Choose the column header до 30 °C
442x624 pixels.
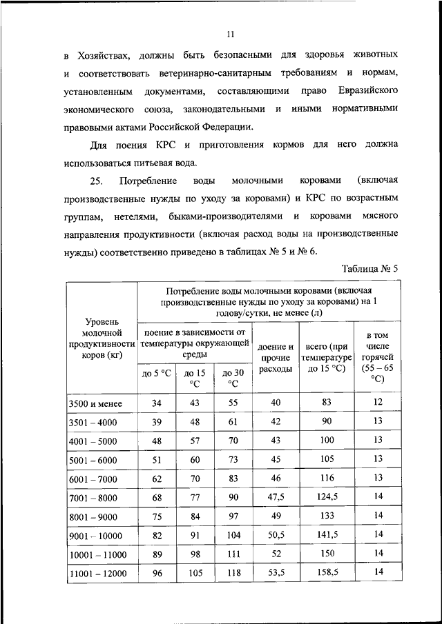tap(233, 378)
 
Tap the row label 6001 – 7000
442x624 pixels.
tap(94, 478)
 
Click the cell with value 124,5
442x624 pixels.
tap(327, 496)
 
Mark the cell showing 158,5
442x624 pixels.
tap(327, 572)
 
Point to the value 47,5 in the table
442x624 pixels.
tap(276, 496)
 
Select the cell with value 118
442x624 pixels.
tap(233, 572)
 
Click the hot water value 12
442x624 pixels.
tap(377, 401)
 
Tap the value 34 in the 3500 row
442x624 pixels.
tap(156, 403)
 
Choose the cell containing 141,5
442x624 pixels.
tap(327, 534)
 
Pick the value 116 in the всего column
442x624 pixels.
tap(327, 477)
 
